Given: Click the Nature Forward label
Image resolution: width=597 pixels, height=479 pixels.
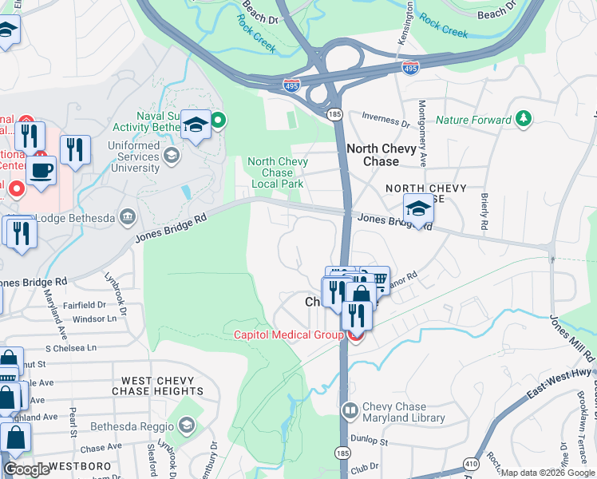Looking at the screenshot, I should coord(473,121).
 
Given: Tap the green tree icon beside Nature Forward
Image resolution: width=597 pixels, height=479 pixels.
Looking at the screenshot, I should coord(524,120).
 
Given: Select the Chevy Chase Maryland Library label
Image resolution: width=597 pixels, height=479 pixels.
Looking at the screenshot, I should coord(394,412).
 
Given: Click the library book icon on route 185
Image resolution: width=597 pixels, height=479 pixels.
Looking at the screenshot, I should coord(350,411).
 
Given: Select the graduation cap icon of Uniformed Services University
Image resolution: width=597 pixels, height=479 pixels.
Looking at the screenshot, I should coord(171,156).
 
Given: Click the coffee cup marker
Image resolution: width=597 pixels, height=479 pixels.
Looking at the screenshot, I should coord(42,170).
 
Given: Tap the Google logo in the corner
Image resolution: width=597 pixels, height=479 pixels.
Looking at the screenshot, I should coord(26,469).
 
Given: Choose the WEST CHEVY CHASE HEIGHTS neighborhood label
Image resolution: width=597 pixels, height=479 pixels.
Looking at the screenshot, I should coord(157,386).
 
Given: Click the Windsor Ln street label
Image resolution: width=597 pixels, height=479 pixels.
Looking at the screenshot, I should coord(94,318).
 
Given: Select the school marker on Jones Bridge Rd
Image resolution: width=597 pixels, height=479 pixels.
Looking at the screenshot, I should coord(418,209).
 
